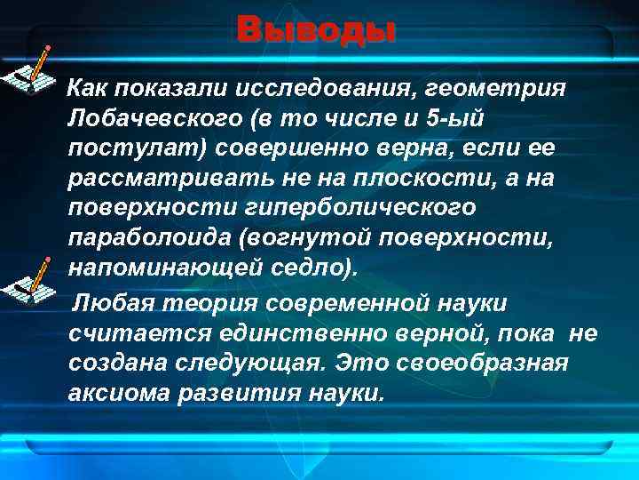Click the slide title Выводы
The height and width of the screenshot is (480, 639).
[x=317, y=31]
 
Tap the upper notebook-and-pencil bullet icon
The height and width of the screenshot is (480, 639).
[x=32, y=70]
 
